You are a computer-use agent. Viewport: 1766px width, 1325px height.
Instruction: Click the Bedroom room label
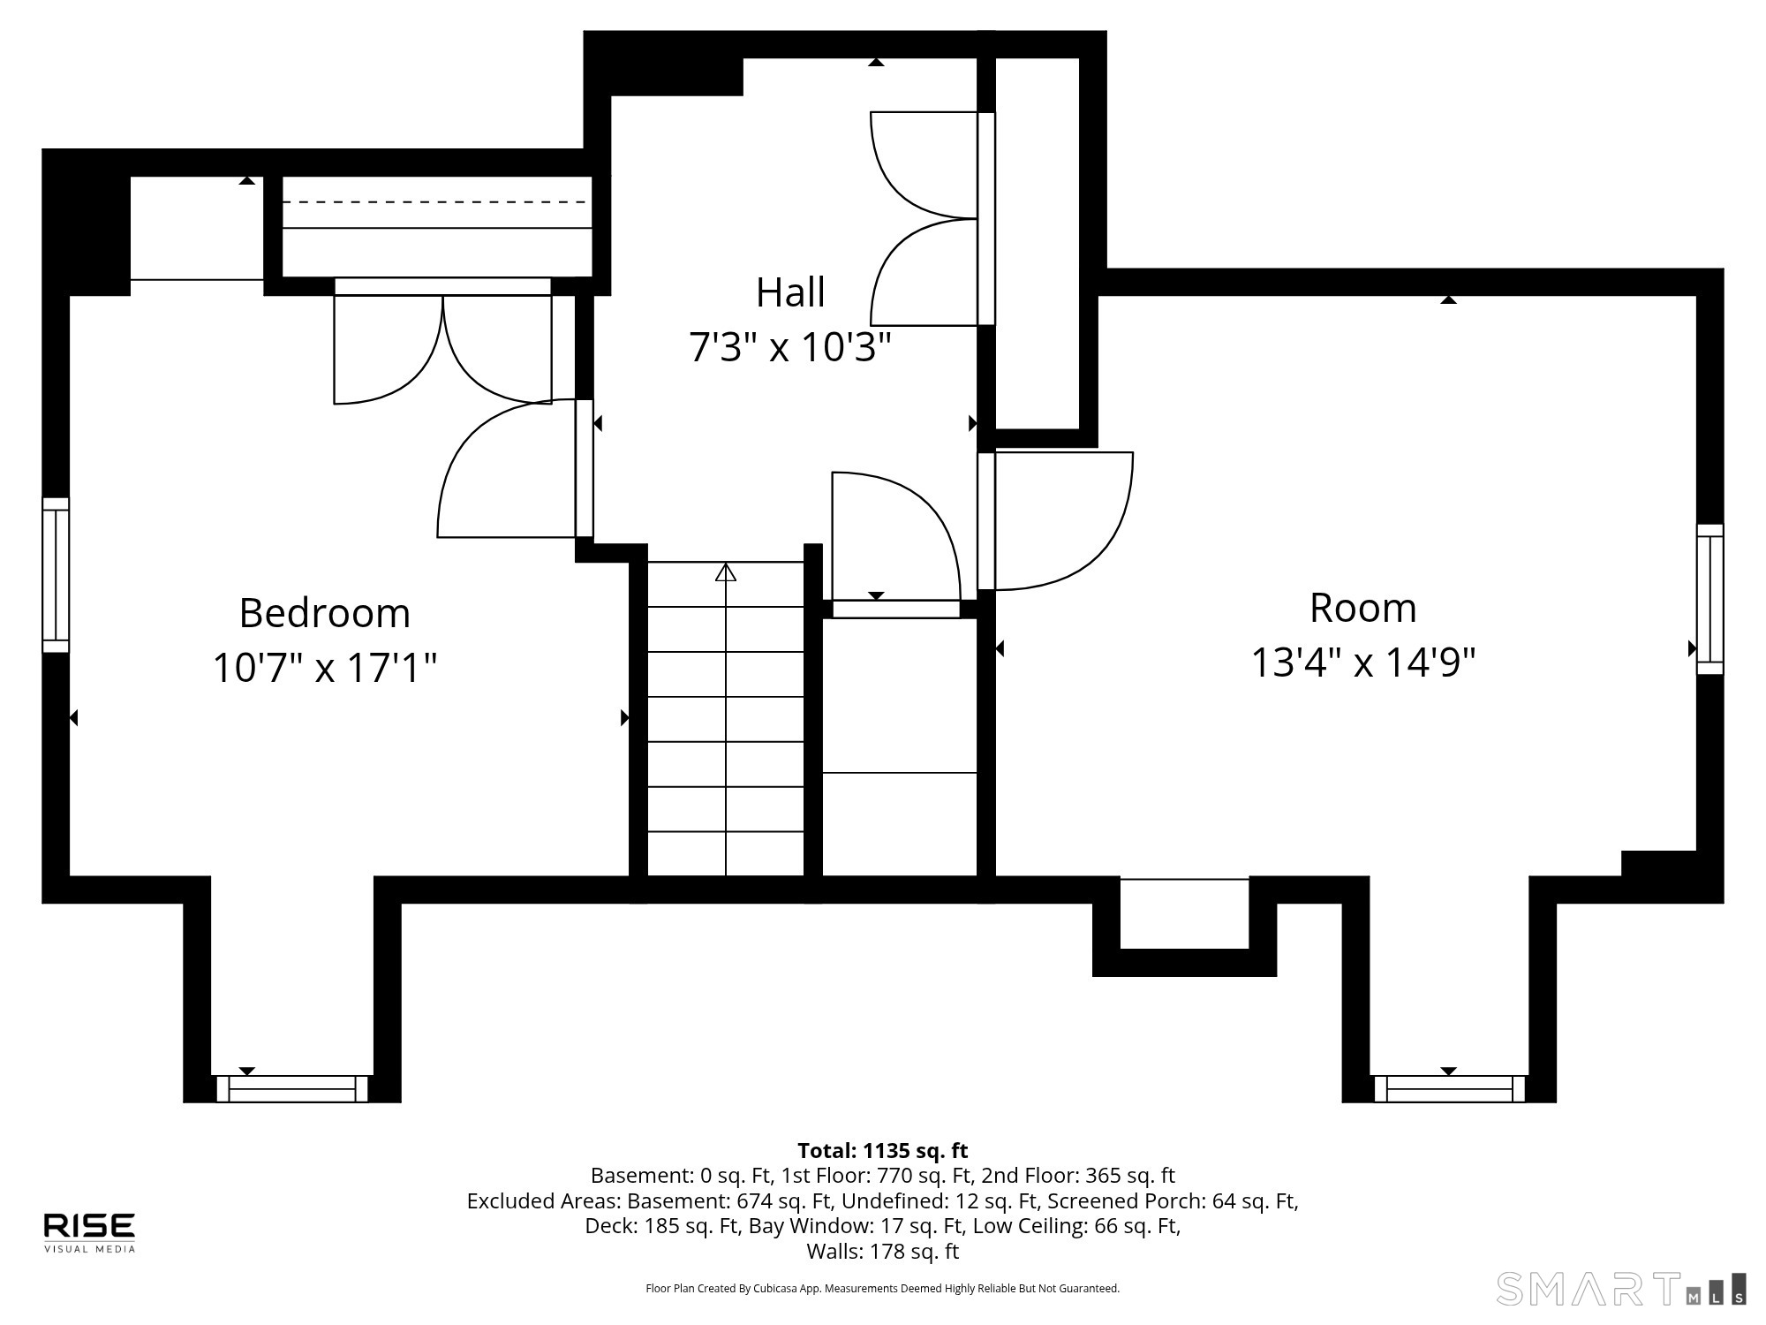tap(325, 613)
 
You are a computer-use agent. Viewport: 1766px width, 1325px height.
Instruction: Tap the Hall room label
tap(790, 292)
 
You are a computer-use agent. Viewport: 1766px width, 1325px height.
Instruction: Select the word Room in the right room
tap(1362, 608)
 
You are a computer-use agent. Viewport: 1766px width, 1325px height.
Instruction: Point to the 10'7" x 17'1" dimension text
tap(325, 667)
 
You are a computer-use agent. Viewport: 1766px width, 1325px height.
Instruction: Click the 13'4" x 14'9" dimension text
tap(1363, 662)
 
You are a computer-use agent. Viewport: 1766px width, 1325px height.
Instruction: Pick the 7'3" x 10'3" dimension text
tap(790, 346)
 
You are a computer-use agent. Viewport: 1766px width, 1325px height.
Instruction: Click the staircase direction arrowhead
tap(726, 572)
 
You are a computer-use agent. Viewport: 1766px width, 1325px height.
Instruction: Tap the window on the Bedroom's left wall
tap(56, 575)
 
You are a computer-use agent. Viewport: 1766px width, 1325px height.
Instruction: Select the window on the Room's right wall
tap(1709, 599)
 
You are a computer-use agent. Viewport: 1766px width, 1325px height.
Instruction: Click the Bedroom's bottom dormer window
tap(292, 1088)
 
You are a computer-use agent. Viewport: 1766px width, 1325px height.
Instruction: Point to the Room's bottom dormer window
tap(1449, 1088)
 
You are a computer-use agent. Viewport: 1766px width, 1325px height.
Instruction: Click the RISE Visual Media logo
tap(90, 1232)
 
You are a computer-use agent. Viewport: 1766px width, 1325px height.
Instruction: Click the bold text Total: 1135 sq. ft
tap(883, 1151)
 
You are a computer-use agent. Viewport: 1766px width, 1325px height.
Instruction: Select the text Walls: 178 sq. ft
tap(883, 1252)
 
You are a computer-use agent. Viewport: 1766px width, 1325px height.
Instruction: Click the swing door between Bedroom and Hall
tap(515, 468)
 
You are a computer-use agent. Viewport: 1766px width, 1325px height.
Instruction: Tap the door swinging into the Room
tap(1055, 521)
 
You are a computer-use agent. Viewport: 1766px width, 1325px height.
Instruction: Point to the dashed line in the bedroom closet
tap(435, 202)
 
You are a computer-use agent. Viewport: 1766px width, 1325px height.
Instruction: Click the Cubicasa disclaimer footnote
tap(883, 1289)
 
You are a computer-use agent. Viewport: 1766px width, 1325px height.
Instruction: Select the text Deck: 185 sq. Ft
tap(663, 1226)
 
